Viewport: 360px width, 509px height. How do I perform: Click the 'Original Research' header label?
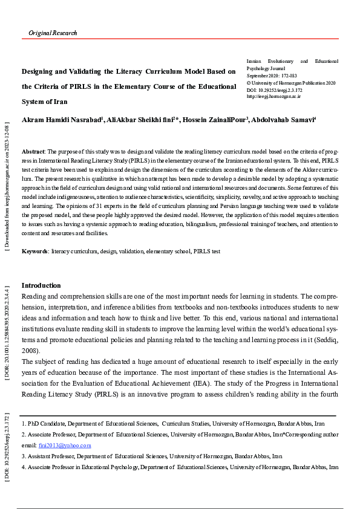coord(53,33)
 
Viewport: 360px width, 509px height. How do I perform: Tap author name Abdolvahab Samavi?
coord(283,120)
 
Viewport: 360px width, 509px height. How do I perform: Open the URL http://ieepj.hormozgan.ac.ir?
coord(274,96)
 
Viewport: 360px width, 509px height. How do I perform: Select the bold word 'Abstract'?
coord(33,151)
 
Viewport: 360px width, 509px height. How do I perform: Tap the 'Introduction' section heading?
coord(41,285)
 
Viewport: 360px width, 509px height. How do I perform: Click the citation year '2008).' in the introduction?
coord(31,351)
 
